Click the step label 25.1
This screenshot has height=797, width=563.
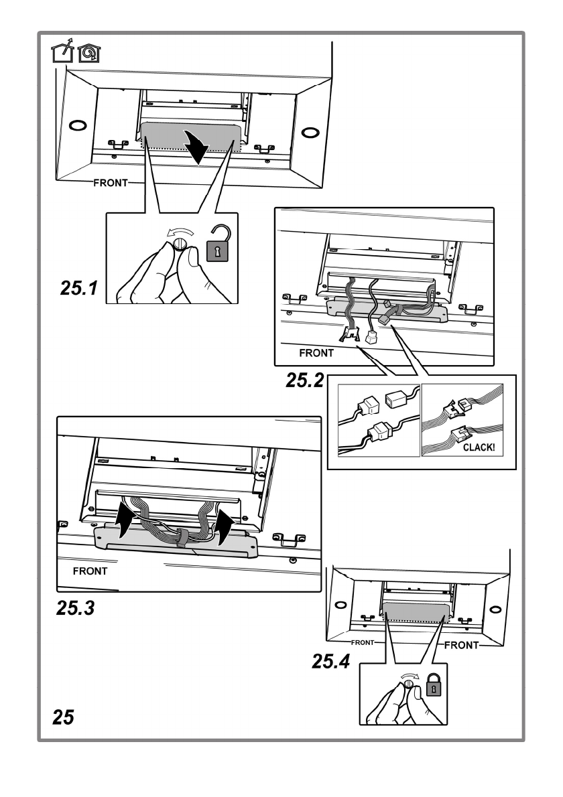point(79,288)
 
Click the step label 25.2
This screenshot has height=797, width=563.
point(305,380)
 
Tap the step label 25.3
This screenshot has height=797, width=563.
point(76,608)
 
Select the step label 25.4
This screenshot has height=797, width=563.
point(331,661)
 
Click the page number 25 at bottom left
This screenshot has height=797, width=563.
point(63,717)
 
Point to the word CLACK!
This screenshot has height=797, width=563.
point(479,448)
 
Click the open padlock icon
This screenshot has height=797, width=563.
point(218,244)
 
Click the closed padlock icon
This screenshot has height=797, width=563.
point(433,685)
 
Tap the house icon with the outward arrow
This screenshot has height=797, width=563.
point(62,50)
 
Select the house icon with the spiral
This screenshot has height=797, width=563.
point(89,52)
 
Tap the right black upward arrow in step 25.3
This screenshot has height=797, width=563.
point(223,526)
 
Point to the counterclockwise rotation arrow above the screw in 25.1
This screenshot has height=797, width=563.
point(180,233)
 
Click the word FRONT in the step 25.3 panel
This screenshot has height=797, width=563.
point(90,571)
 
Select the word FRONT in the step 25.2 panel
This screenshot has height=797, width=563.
point(316,353)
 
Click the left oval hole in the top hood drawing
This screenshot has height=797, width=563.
point(78,125)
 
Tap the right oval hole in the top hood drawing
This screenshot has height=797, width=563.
point(308,133)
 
